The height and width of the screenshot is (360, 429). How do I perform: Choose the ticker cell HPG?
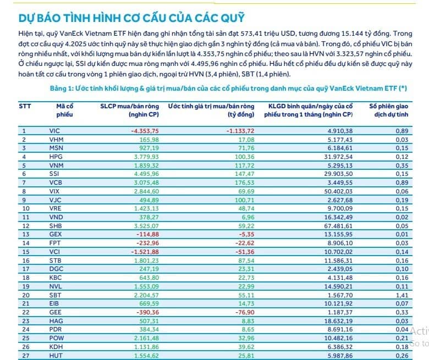pyautogui.click(x=55, y=157)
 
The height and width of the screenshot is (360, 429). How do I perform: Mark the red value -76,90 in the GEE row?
pyautogui.click(x=245, y=312)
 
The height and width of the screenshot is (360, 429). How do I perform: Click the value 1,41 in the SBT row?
pyautogui.click(x=402, y=295)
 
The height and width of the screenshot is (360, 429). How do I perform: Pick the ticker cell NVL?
pyautogui.click(x=54, y=286)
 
